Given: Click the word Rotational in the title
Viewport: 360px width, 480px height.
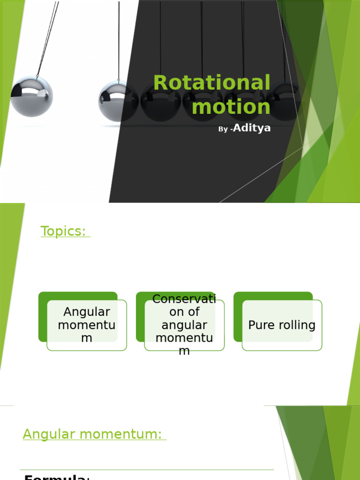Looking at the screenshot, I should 212,83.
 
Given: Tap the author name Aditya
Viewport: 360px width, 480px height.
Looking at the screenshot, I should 252,128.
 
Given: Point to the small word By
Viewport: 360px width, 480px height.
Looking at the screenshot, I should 223,129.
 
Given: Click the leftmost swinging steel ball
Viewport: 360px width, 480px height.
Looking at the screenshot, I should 31,96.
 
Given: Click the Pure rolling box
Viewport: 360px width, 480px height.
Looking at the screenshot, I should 282,325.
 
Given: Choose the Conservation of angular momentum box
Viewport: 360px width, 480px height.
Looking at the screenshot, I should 184,325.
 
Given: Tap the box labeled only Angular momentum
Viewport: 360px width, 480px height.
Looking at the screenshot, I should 87,325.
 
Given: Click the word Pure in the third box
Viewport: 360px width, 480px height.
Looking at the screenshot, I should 261,325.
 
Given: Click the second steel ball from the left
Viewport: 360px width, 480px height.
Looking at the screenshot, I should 117,100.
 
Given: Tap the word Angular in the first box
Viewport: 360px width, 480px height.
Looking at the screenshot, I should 87,312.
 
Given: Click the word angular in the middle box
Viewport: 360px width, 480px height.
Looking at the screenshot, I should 184,325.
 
